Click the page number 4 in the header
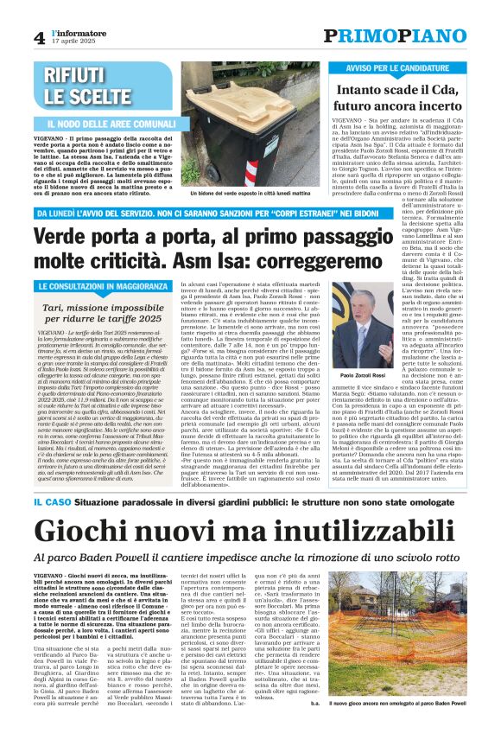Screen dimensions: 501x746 tap(40, 37)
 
